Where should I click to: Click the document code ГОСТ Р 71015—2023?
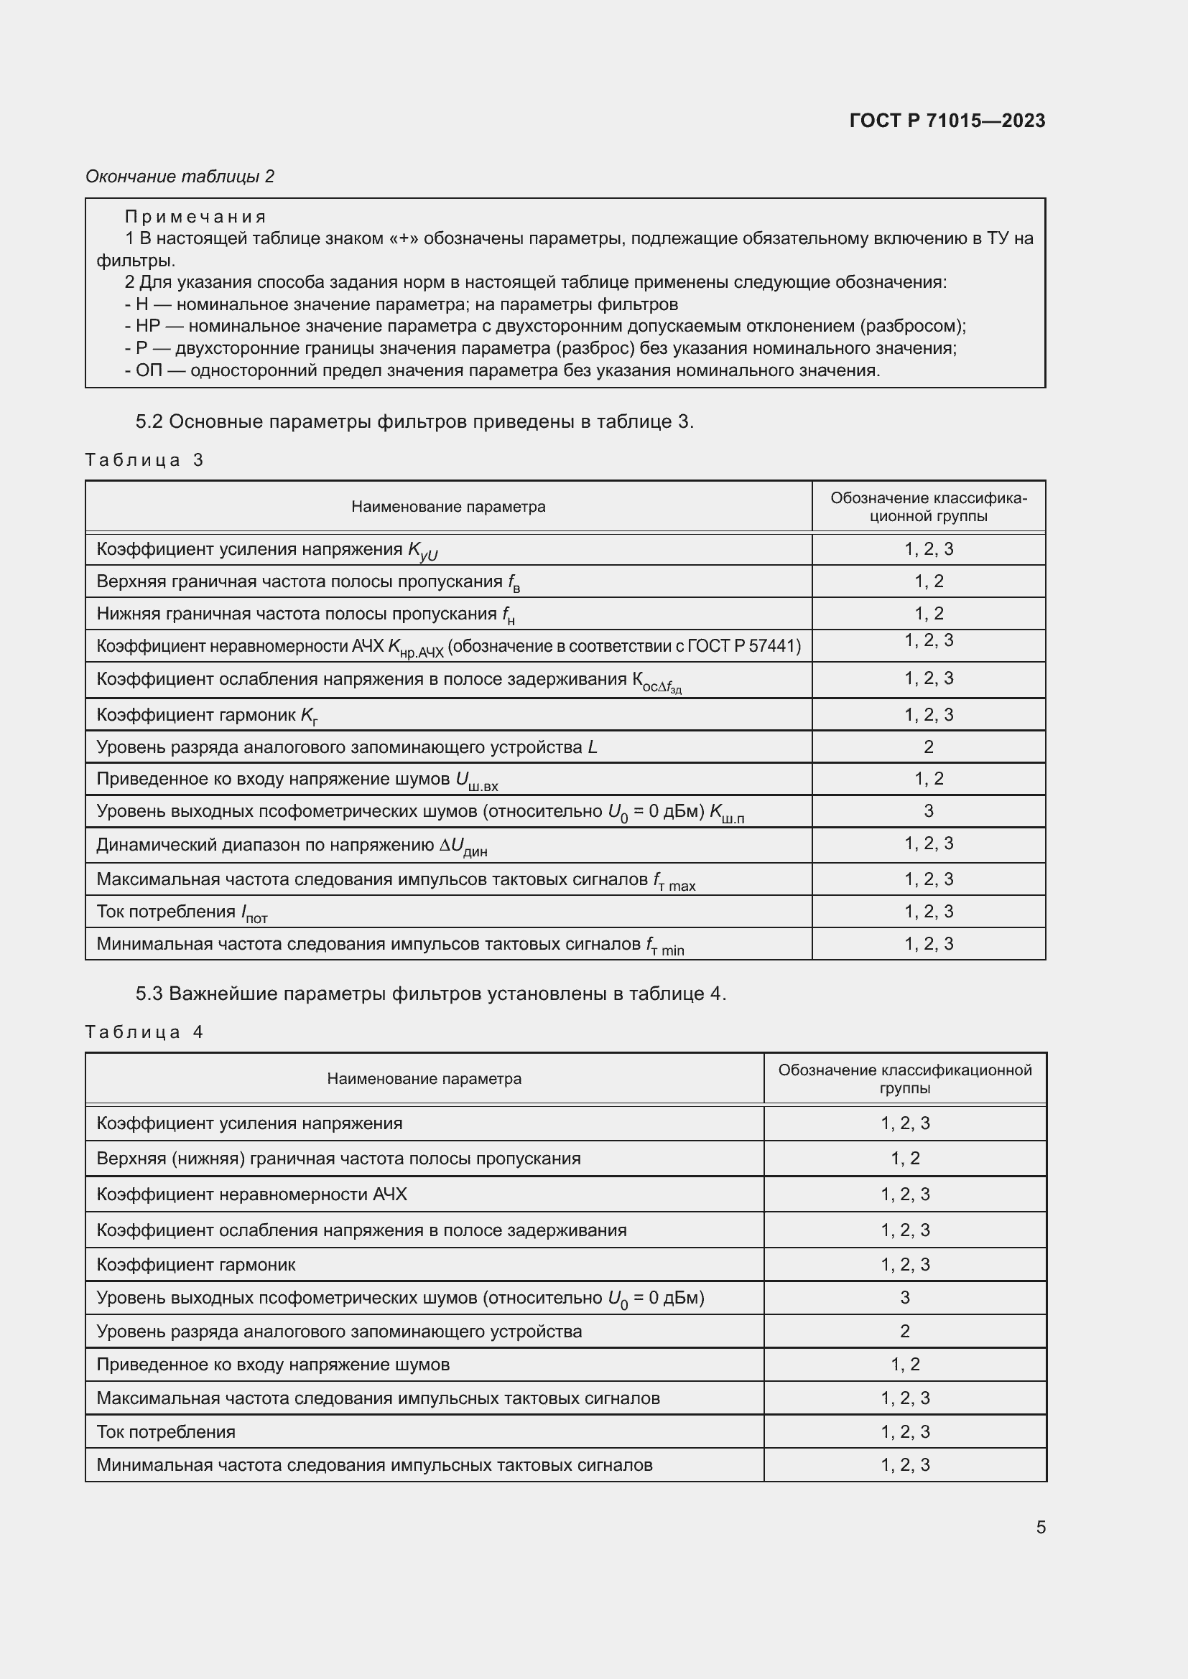(947, 121)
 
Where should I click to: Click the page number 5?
(1040, 1527)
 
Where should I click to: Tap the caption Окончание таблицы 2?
(180, 177)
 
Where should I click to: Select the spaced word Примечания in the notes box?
(195, 217)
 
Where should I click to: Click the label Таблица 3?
(144, 460)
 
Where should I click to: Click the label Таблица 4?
(144, 1032)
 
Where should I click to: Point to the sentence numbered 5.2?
(414, 422)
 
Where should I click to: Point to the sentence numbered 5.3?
(431, 993)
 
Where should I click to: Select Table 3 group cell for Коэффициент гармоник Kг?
(928, 714)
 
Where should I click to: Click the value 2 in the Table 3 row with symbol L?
(928, 747)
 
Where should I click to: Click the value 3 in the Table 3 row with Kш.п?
(928, 811)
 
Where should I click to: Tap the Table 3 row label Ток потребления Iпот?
(182, 912)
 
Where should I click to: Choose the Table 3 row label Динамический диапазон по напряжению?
(291, 846)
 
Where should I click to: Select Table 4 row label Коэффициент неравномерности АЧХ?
(251, 1194)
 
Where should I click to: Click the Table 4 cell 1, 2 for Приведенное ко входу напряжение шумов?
(905, 1364)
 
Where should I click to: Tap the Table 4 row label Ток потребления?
(166, 1431)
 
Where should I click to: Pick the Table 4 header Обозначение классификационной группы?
(905, 1079)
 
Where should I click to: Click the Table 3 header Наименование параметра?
(447, 507)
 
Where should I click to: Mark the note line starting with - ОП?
(502, 370)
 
